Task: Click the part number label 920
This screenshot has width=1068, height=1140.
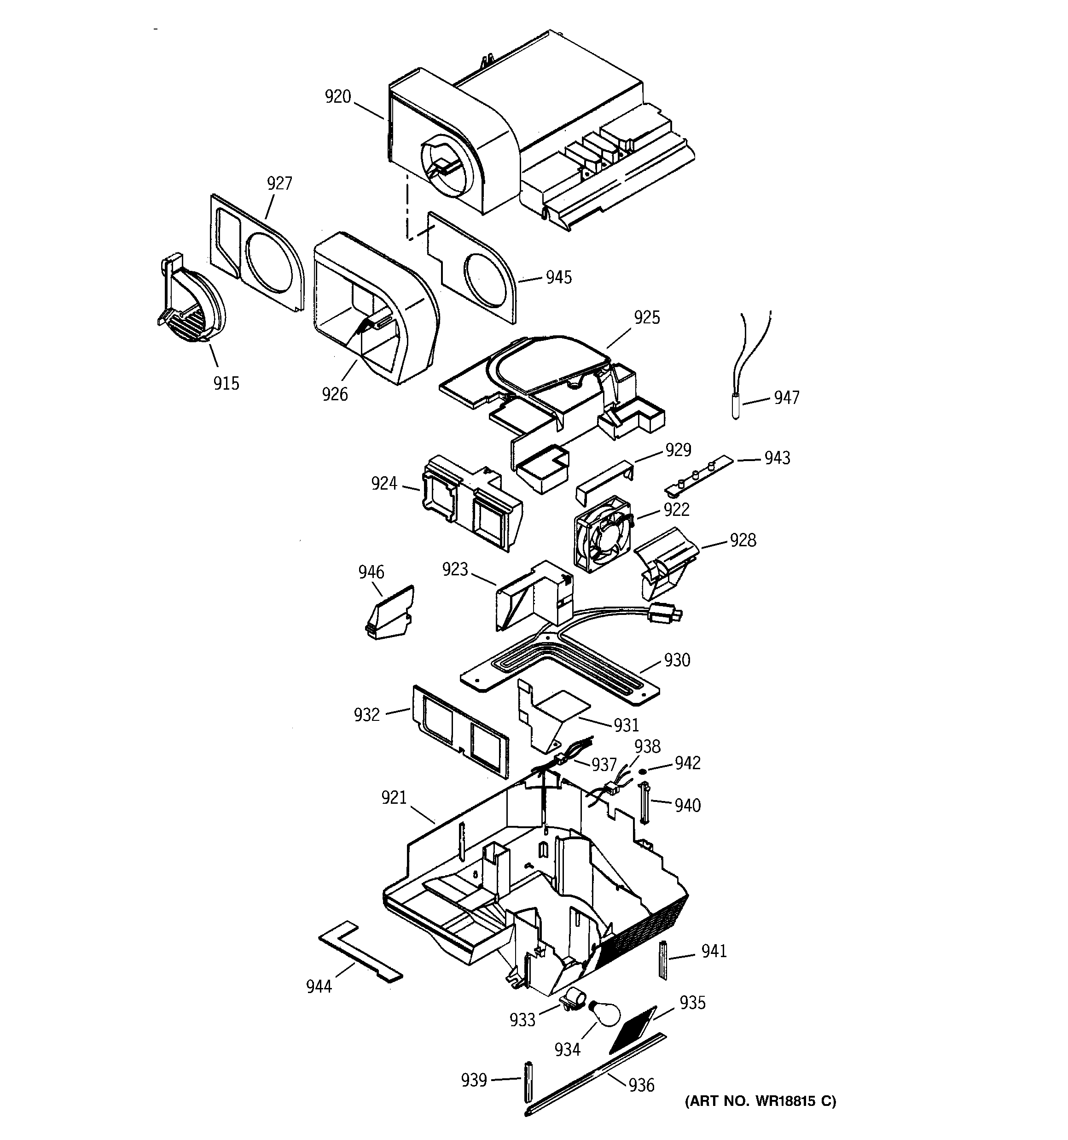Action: pyautogui.click(x=337, y=96)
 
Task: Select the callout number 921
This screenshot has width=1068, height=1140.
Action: pyautogui.click(x=394, y=797)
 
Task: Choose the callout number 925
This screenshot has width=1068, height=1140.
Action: pyautogui.click(x=647, y=317)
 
